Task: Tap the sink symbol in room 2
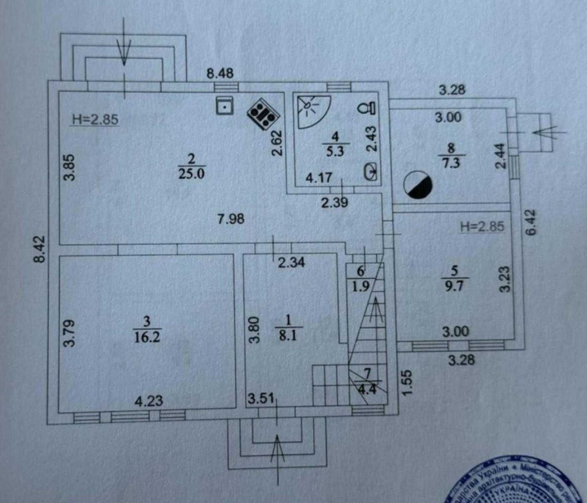(224, 105)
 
